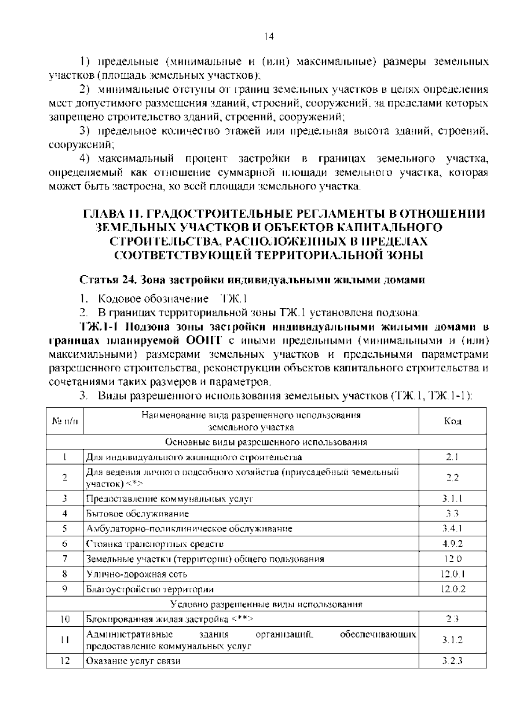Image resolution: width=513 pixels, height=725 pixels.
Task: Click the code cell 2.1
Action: (452, 457)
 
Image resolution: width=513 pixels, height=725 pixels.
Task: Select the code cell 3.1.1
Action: (452, 498)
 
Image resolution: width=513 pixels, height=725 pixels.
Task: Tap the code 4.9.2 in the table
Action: (452, 544)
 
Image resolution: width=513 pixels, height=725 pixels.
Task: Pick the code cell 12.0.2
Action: (452, 589)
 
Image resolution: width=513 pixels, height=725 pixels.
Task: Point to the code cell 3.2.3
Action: (452, 661)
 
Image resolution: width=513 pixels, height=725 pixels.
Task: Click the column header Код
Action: (452, 421)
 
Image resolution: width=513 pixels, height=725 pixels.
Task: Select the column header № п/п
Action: (65, 421)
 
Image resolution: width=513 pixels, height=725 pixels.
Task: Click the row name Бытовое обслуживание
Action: (137, 513)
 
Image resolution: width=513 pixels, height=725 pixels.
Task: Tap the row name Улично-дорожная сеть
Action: (136, 574)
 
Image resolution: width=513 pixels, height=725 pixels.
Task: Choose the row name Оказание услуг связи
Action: (133, 661)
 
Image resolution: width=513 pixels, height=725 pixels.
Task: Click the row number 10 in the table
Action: (65, 619)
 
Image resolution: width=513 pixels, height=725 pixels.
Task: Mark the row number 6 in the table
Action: (65, 544)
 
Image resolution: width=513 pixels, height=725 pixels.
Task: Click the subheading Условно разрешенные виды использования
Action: (266, 604)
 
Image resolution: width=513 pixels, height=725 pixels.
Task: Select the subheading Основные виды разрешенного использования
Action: (266, 442)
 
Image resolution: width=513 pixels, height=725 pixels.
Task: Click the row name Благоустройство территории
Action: (150, 589)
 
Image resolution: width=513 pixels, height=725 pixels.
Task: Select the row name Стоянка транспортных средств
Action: (155, 544)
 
